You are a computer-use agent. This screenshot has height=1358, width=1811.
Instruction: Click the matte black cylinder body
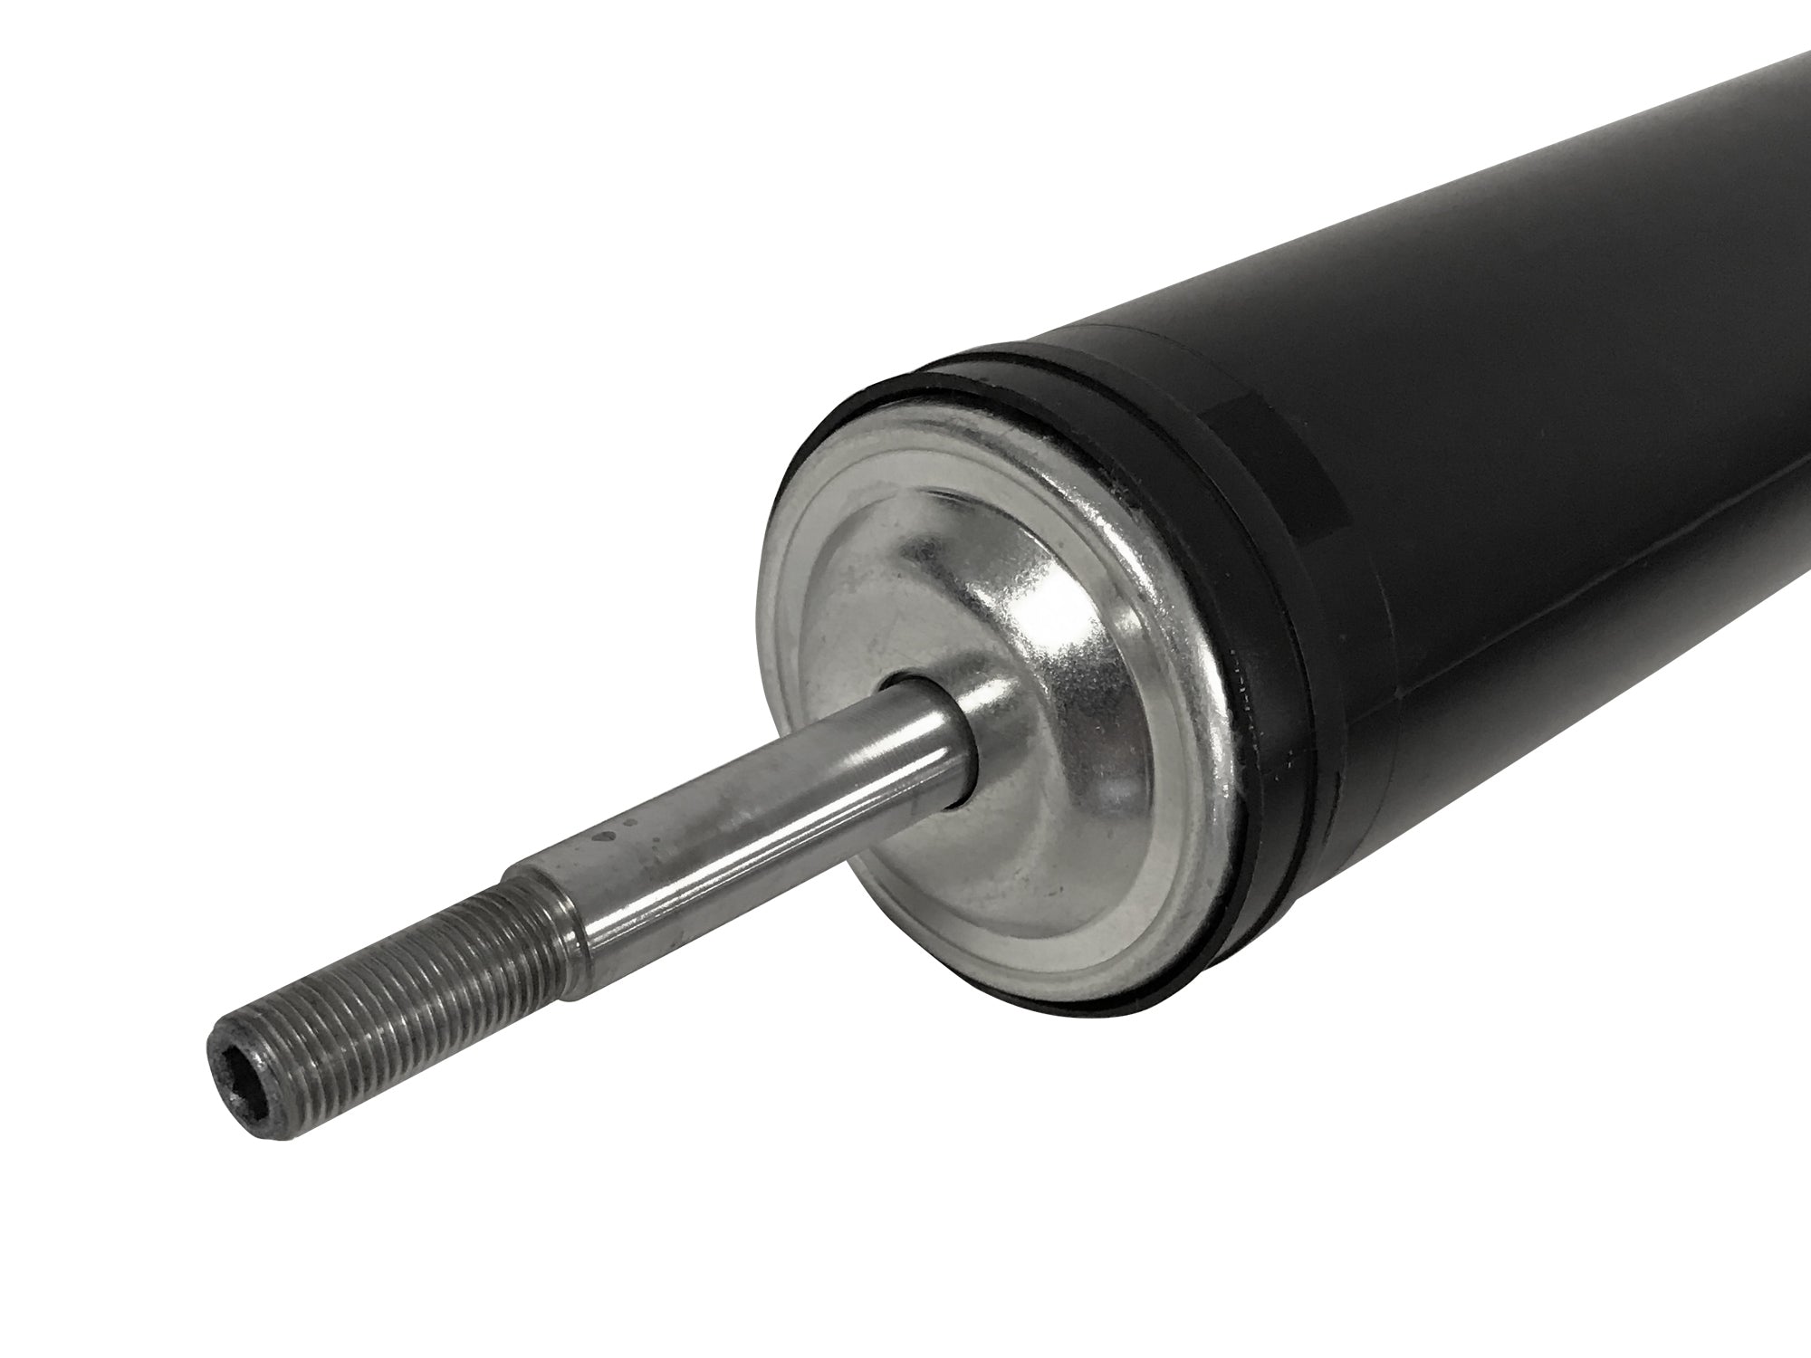[1539, 362]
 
